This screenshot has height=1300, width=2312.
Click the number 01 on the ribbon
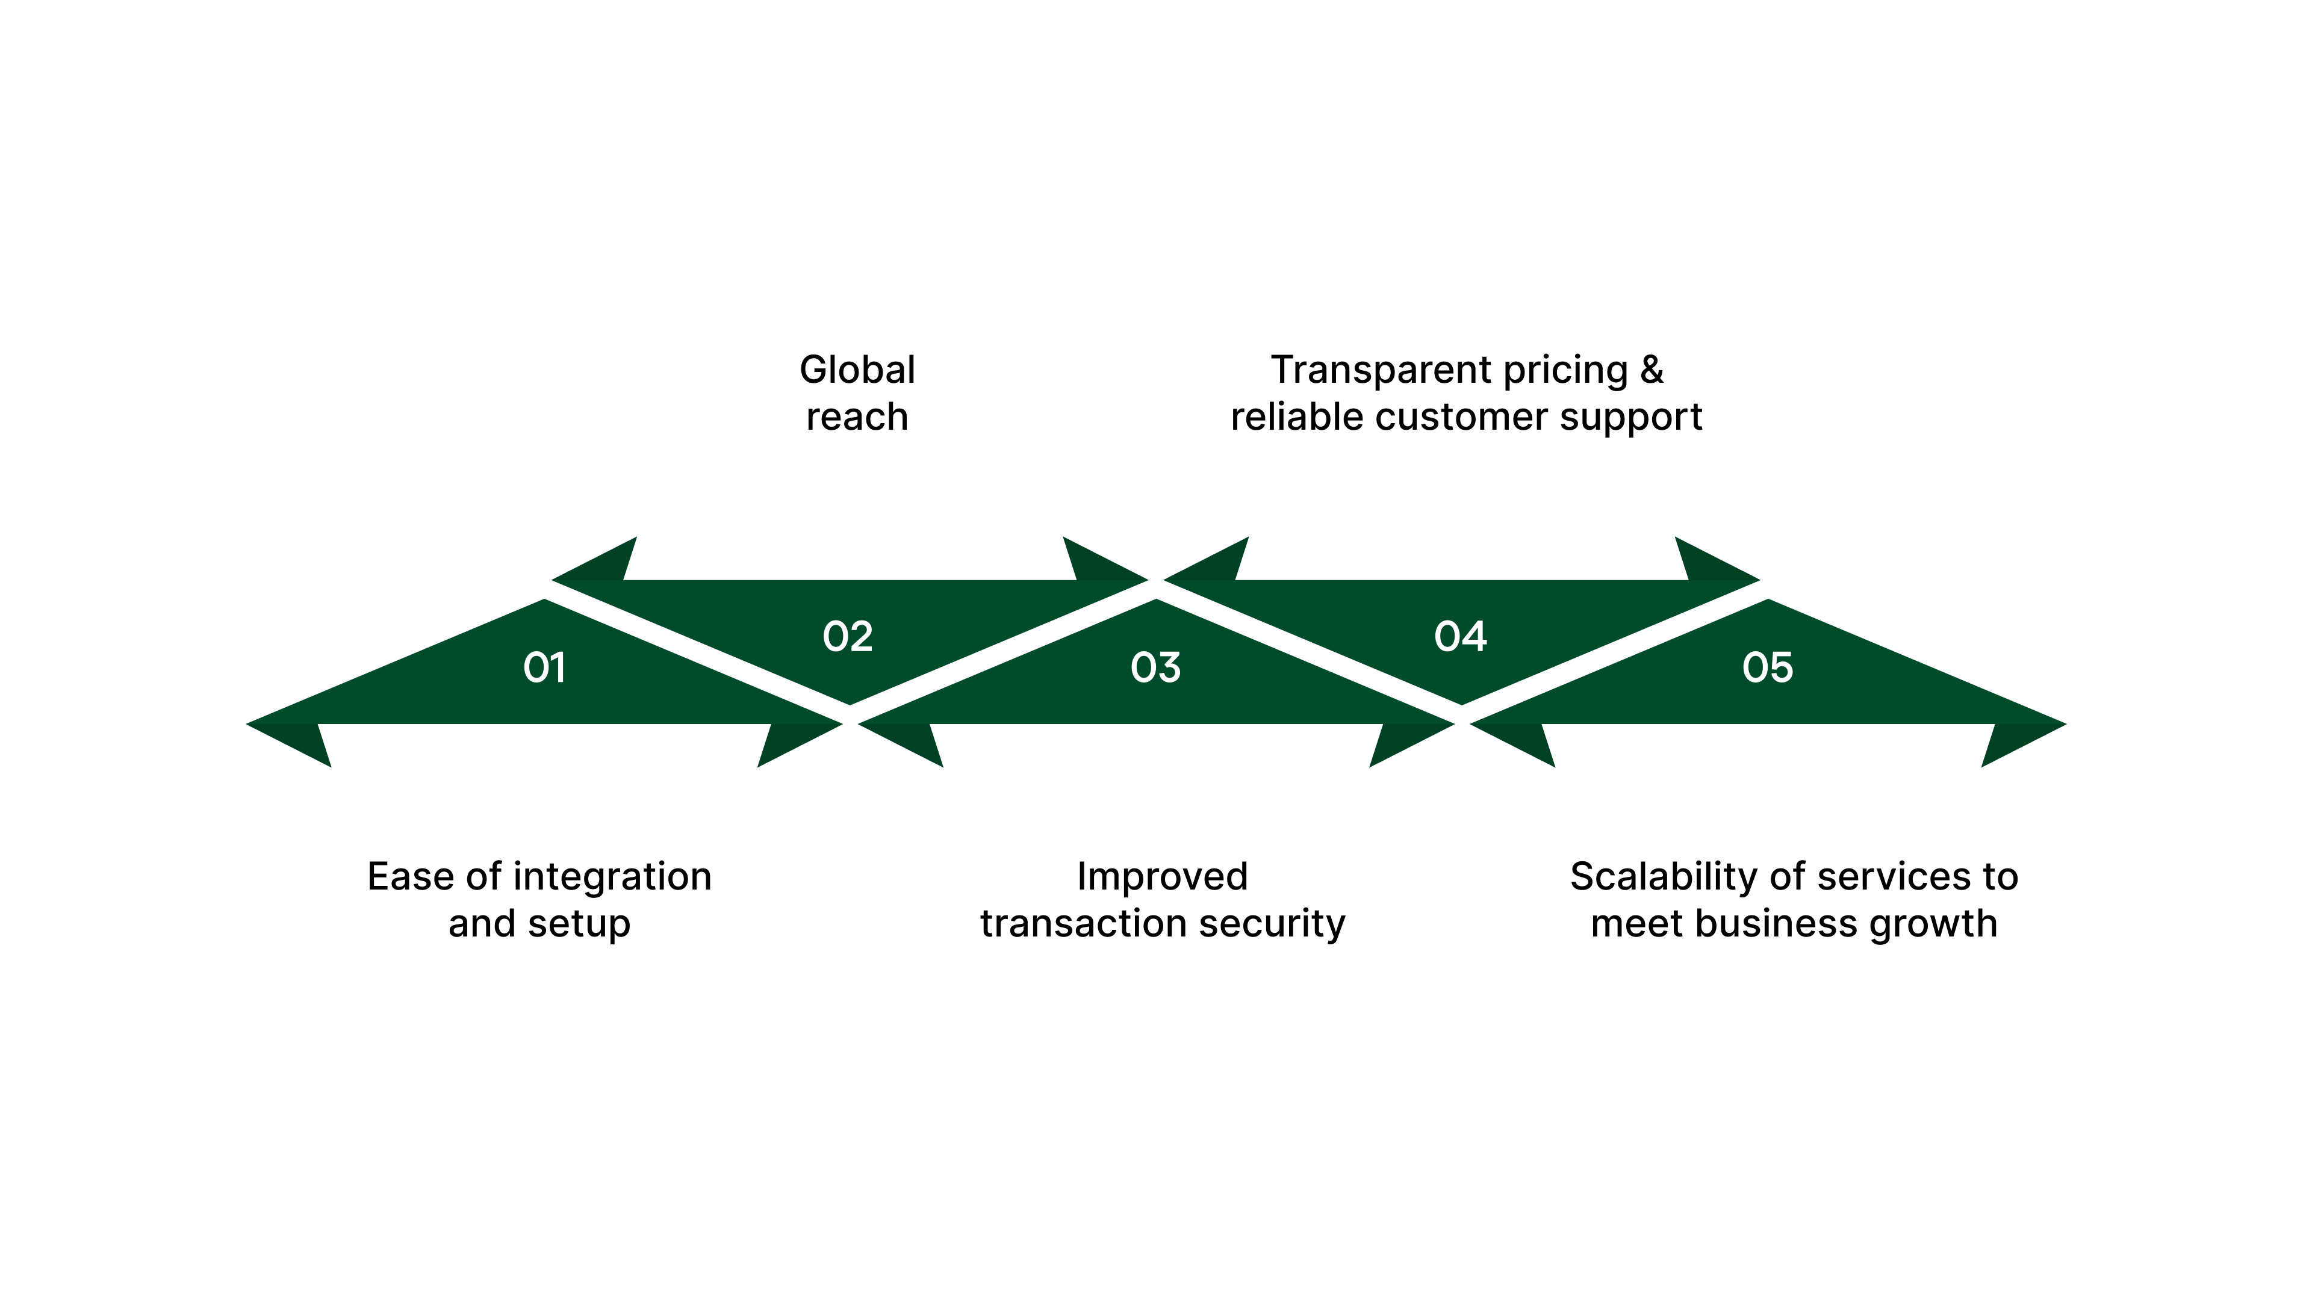point(544,667)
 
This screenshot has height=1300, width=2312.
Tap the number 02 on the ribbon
point(847,637)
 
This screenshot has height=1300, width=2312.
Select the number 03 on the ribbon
point(1155,667)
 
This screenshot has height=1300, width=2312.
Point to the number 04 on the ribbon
point(1460,637)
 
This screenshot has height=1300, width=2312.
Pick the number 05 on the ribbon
point(1767,667)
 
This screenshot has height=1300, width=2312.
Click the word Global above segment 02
point(857,370)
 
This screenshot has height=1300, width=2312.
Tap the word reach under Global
point(857,417)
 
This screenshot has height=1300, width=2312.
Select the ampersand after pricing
point(1652,370)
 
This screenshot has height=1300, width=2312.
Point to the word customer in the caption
point(1494,417)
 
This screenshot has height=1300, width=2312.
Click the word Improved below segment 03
point(1162,876)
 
